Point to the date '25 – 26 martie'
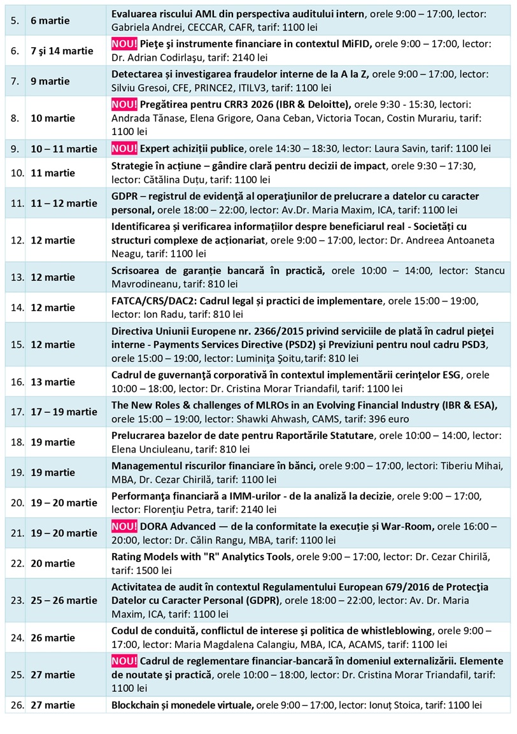[x=64, y=600]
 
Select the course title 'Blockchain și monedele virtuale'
[x=182, y=705]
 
